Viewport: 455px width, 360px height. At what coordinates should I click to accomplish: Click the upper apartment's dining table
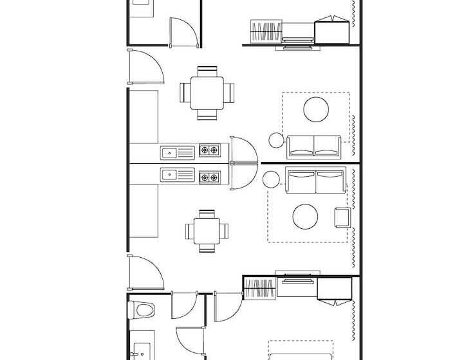(x=207, y=93)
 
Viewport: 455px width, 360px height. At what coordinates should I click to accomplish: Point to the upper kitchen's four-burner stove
(x=209, y=151)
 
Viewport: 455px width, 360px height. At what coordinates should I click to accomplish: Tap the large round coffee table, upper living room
(x=317, y=109)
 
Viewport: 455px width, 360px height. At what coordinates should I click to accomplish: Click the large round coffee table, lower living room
(x=306, y=217)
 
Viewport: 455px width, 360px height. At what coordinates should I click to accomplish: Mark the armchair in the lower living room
(x=342, y=217)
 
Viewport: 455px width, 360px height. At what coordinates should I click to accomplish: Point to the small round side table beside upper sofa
(x=277, y=139)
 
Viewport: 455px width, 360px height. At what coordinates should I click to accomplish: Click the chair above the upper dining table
(x=207, y=71)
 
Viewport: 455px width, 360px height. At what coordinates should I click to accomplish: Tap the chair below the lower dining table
(x=207, y=248)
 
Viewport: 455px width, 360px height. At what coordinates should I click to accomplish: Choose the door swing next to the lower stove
(x=243, y=176)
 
